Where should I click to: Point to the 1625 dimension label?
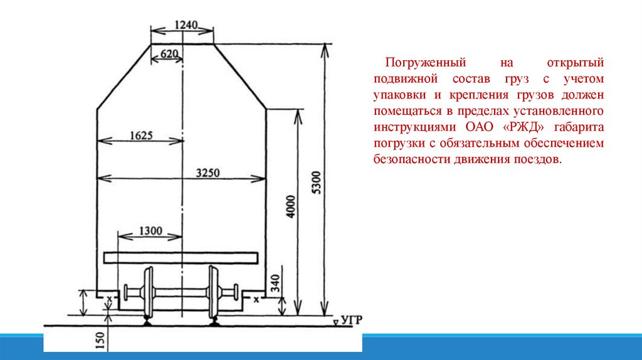point(141,135)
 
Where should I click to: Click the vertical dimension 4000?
point(290,206)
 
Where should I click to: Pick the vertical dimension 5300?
point(316,183)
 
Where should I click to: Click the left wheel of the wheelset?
point(149,293)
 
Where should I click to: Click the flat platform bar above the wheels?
point(181,257)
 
